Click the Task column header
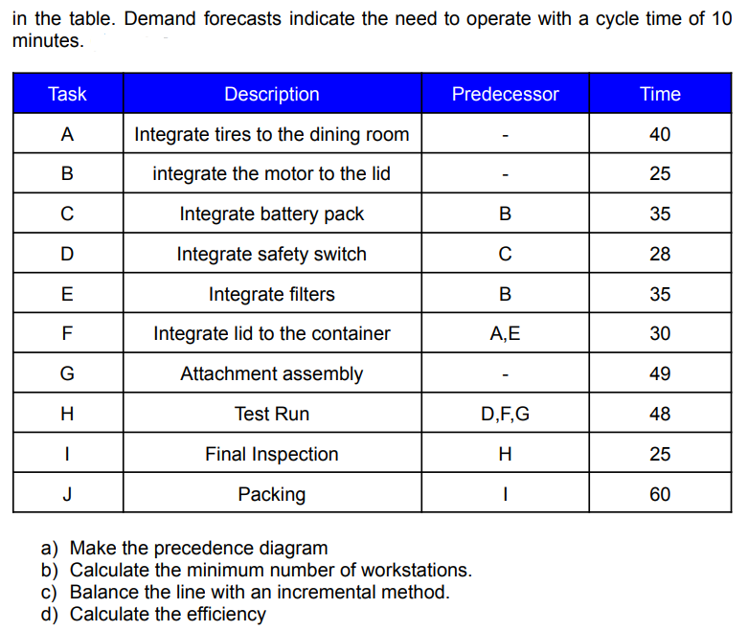[67, 94]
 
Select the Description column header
[272, 94]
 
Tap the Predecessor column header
[505, 94]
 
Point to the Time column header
[660, 94]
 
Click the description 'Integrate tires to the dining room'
[272, 134]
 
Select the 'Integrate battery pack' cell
[272, 214]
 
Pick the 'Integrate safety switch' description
[272, 255]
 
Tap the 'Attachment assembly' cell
[272, 374]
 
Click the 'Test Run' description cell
[272, 415]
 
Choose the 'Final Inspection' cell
[272, 455]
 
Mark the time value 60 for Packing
[660, 495]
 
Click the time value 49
[660, 374]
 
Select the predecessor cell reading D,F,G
[505, 415]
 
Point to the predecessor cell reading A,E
[505, 334]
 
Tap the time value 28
[660, 255]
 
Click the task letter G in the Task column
[67, 374]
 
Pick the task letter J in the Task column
[67, 495]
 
